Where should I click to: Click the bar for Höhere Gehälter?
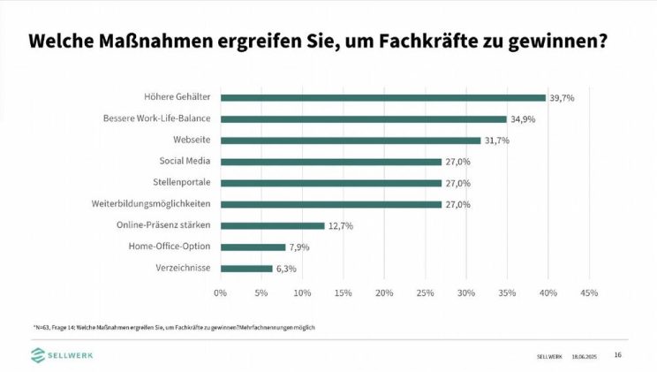pos(382,97)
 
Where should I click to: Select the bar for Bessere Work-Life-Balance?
pos(363,118)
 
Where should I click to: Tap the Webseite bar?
pos(350,140)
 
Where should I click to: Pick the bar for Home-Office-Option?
pos(253,247)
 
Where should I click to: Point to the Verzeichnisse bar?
pos(246,269)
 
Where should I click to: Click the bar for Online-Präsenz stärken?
pos(272,226)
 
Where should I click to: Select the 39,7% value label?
pos(562,97)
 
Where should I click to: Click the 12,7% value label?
pos(341,226)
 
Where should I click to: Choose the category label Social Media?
pos(185,162)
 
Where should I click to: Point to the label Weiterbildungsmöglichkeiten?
pos(151,204)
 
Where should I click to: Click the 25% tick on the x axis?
pos(426,292)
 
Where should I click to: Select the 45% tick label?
pos(589,292)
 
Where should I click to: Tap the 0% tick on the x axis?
pos(221,292)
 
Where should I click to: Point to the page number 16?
pos(617,355)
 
